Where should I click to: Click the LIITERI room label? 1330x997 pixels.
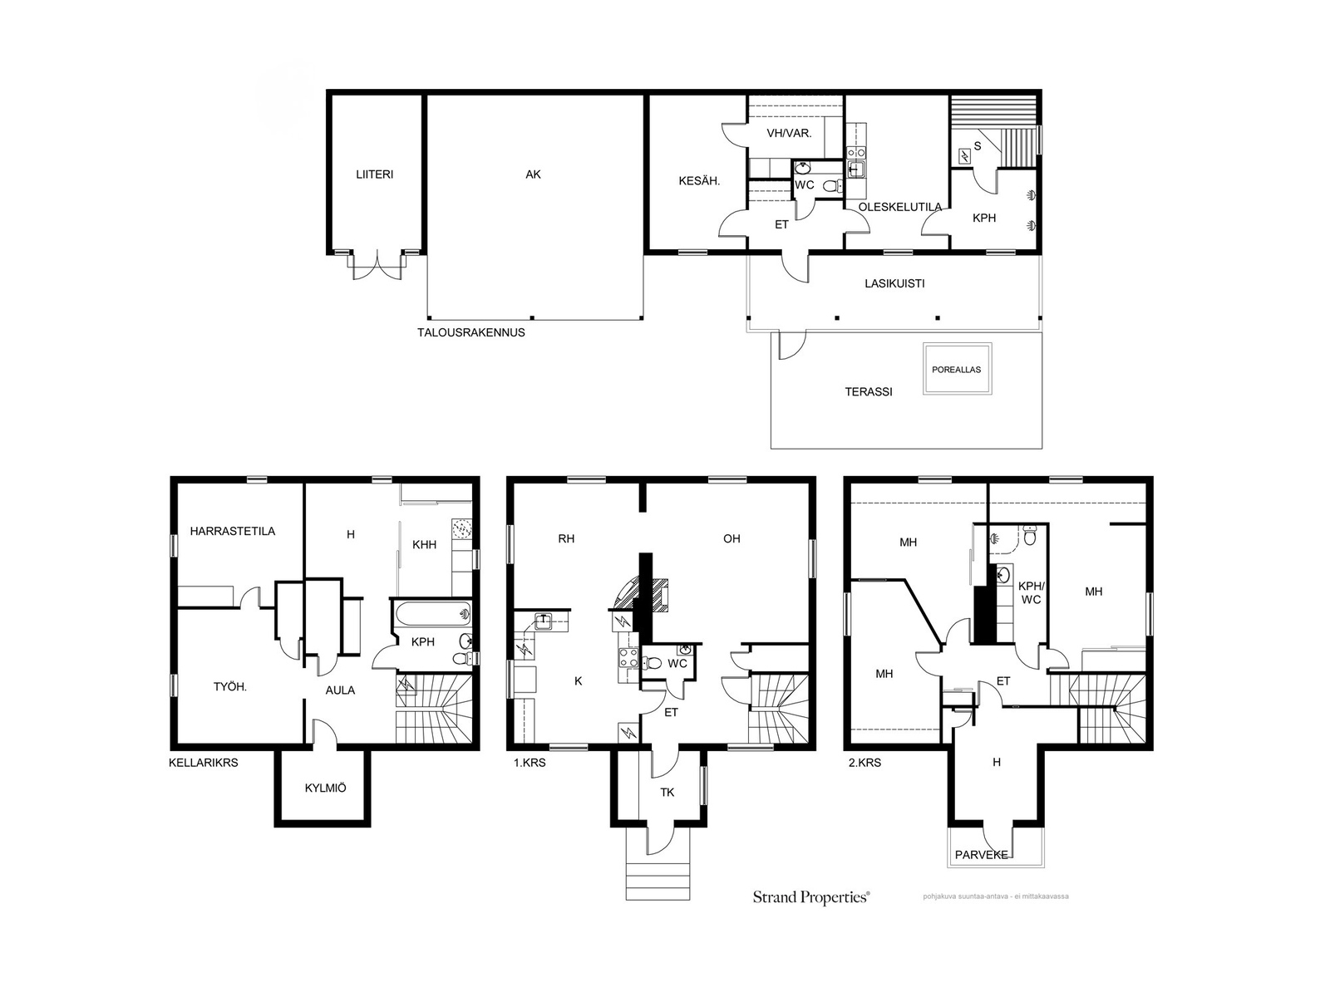[x=374, y=174]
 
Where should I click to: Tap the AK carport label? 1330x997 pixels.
[x=533, y=174]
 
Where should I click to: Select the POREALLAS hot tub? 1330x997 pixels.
[x=957, y=369]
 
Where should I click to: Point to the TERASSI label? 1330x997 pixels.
[x=869, y=391]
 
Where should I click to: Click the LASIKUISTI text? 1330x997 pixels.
[x=894, y=283]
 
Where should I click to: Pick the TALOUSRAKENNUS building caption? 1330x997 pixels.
[x=470, y=332]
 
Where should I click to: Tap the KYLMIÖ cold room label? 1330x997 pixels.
[x=325, y=788]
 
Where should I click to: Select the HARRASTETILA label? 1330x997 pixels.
[x=233, y=531]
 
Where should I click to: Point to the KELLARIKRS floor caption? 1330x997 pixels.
[x=204, y=763]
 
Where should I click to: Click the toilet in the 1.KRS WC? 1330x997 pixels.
[x=652, y=663]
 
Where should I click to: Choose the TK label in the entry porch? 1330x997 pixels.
[x=667, y=793]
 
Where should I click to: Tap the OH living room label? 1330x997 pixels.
[x=731, y=538]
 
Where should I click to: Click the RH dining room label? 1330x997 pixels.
[x=566, y=538]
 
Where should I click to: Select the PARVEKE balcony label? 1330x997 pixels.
[x=982, y=855]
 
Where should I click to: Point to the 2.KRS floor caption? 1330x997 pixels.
[x=864, y=763]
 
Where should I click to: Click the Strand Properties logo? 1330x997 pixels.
[x=811, y=897]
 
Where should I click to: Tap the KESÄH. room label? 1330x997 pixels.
[x=699, y=180]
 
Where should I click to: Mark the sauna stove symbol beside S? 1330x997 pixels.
[x=964, y=157]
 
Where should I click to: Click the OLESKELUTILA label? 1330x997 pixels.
[x=899, y=206]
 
